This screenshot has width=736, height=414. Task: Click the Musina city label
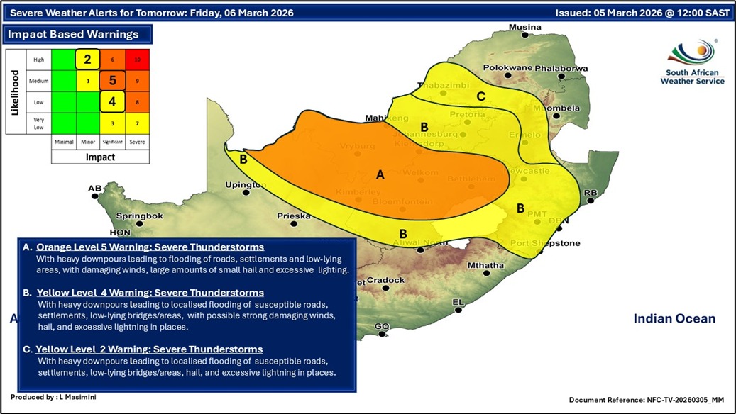tap(524, 28)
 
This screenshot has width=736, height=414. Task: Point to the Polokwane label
tap(505, 68)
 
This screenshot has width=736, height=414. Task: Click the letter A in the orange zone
tap(380, 175)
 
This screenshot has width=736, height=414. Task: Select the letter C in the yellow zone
tap(480, 96)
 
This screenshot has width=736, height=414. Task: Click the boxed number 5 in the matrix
tap(112, 81)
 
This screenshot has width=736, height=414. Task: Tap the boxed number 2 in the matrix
tap(87, 60)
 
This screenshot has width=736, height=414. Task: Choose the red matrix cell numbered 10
tap(138, 60)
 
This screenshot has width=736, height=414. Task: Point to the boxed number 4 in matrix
tap(112, 101)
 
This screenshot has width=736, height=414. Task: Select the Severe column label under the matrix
tap(138, 142)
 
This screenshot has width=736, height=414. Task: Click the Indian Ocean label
tap(674, 319)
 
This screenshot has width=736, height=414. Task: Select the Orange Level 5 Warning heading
tap(150, 247)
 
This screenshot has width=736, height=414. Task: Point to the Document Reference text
tap(649, 401)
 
